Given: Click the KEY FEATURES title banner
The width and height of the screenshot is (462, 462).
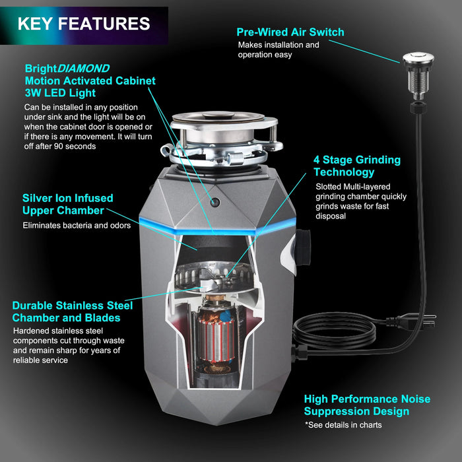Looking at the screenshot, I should pos(84,24).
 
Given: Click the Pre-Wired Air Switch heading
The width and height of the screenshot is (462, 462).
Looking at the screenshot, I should pos(290,32).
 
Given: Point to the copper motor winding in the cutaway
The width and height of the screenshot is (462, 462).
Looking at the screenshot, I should pos(214,330).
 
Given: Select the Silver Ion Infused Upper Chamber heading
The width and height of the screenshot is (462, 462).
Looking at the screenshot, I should pos(67,204).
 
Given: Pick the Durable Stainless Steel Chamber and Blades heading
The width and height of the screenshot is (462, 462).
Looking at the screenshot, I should pos(72,312).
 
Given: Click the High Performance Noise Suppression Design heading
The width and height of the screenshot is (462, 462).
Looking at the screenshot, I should pos(367,405).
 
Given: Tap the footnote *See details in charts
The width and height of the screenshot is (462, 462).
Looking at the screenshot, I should pos(343,425).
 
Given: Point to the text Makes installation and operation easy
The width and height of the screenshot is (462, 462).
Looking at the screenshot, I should pos(278,49).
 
